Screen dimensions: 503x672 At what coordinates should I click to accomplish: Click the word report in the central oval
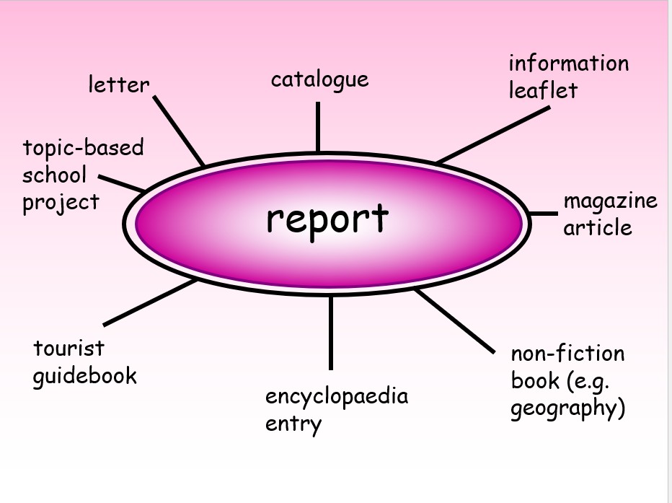[x=327, y=218]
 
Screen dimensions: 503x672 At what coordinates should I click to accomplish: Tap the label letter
[x=119, y=84]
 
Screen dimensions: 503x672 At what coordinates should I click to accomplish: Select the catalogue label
[x=319, y=79]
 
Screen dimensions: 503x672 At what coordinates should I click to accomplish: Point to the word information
[x=568, y=64]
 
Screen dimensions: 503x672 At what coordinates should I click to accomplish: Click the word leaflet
[x=543, y=90]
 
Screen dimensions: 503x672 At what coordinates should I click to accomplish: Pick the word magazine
[x=610, y=201]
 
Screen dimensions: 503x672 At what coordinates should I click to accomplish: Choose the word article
[x=597, y=227]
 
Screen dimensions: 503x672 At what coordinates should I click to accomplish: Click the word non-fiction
[x=567, y=354]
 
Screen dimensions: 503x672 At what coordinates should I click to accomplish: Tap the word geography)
[x=567, y=408]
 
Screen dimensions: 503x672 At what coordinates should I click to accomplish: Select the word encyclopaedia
[x=336, y=396]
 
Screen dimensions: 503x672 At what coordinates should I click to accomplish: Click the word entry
[x=293, y=424]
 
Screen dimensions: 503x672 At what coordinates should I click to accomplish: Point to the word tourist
[x=68, y=349]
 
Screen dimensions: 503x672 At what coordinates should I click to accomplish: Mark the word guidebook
[x=84, y=376]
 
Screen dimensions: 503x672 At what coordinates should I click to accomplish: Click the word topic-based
[x=83, y=149]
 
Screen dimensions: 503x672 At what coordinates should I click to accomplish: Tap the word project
[x=61, y=203]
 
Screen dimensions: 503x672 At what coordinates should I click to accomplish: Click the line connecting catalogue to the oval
[x=318, y=126]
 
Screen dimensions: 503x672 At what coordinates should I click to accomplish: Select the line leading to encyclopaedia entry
[x=331, y=332]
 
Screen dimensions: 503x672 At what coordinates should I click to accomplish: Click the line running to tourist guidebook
[x=150, y=302]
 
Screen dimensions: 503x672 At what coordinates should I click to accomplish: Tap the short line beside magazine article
[x=543, y=214]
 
